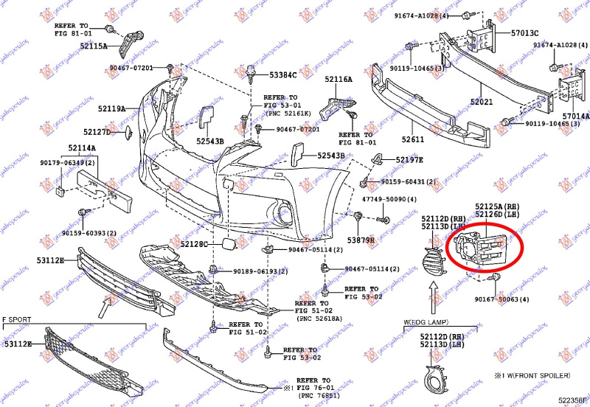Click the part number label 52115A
pyautogui.click(x=93, y=46)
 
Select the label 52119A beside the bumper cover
pyautogui.click(x=112, y=108)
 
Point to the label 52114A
pyautogui.click(x=83, y=148)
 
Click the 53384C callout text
pyautogui.click(x=282, y=74)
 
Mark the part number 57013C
pyautogui.click(x=525, y=33)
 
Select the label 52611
pyautogui.click(x=413, y=140)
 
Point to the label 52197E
pyautogui.click(x=409, y=159)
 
